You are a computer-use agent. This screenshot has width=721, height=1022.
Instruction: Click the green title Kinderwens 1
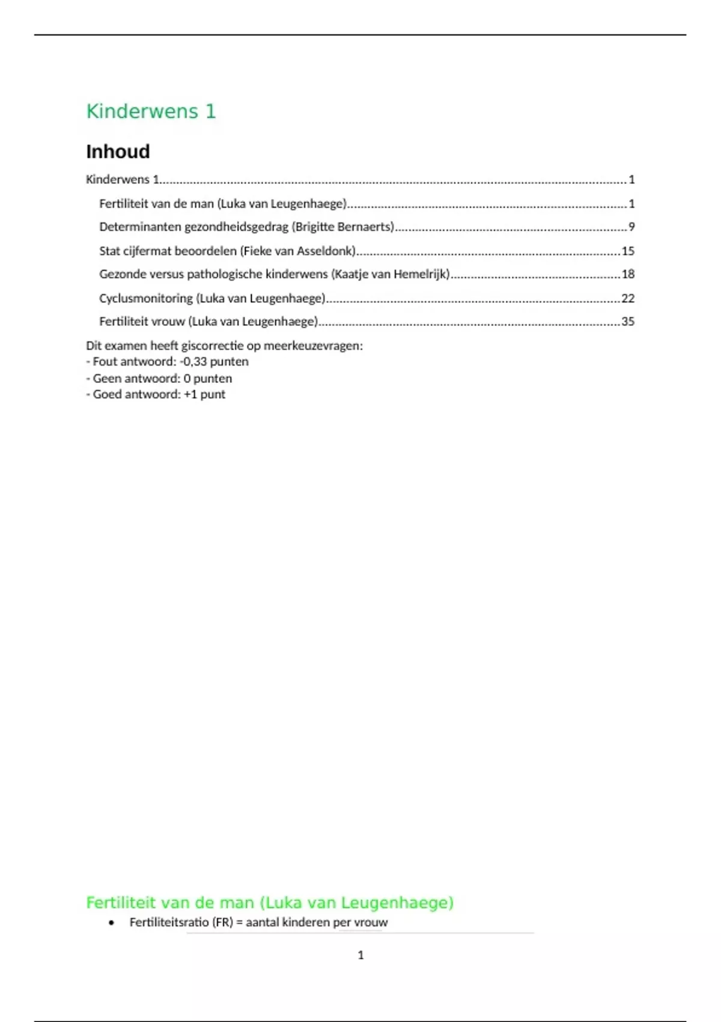click(x=151, y=111)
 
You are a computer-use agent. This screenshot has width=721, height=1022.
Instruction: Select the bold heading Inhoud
click(x=118, y=151)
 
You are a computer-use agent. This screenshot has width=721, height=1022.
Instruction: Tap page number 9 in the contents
click(x=631, y=227)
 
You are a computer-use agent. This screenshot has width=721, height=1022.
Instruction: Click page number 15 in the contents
click(x=628, y=251)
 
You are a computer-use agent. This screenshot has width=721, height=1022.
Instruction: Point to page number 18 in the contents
click(x=628, y=274)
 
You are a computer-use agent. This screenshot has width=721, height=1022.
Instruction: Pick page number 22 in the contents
click(x=628, y=298)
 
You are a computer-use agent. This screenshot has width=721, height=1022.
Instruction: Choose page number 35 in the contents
click(x=628, y=322)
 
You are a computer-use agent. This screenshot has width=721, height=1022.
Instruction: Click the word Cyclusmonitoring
click(x=146, y=298)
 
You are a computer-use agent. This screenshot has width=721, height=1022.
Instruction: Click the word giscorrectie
click(x=212, y=346)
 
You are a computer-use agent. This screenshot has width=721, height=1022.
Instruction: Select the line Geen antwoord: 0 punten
click(x=159, y=379)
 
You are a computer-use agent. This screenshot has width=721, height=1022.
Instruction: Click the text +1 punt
click(x=204, y=394)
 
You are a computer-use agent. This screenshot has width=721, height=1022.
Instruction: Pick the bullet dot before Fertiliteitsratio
click(x=111, y=923)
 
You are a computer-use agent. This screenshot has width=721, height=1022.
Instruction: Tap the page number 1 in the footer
click(x=360, y=955)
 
